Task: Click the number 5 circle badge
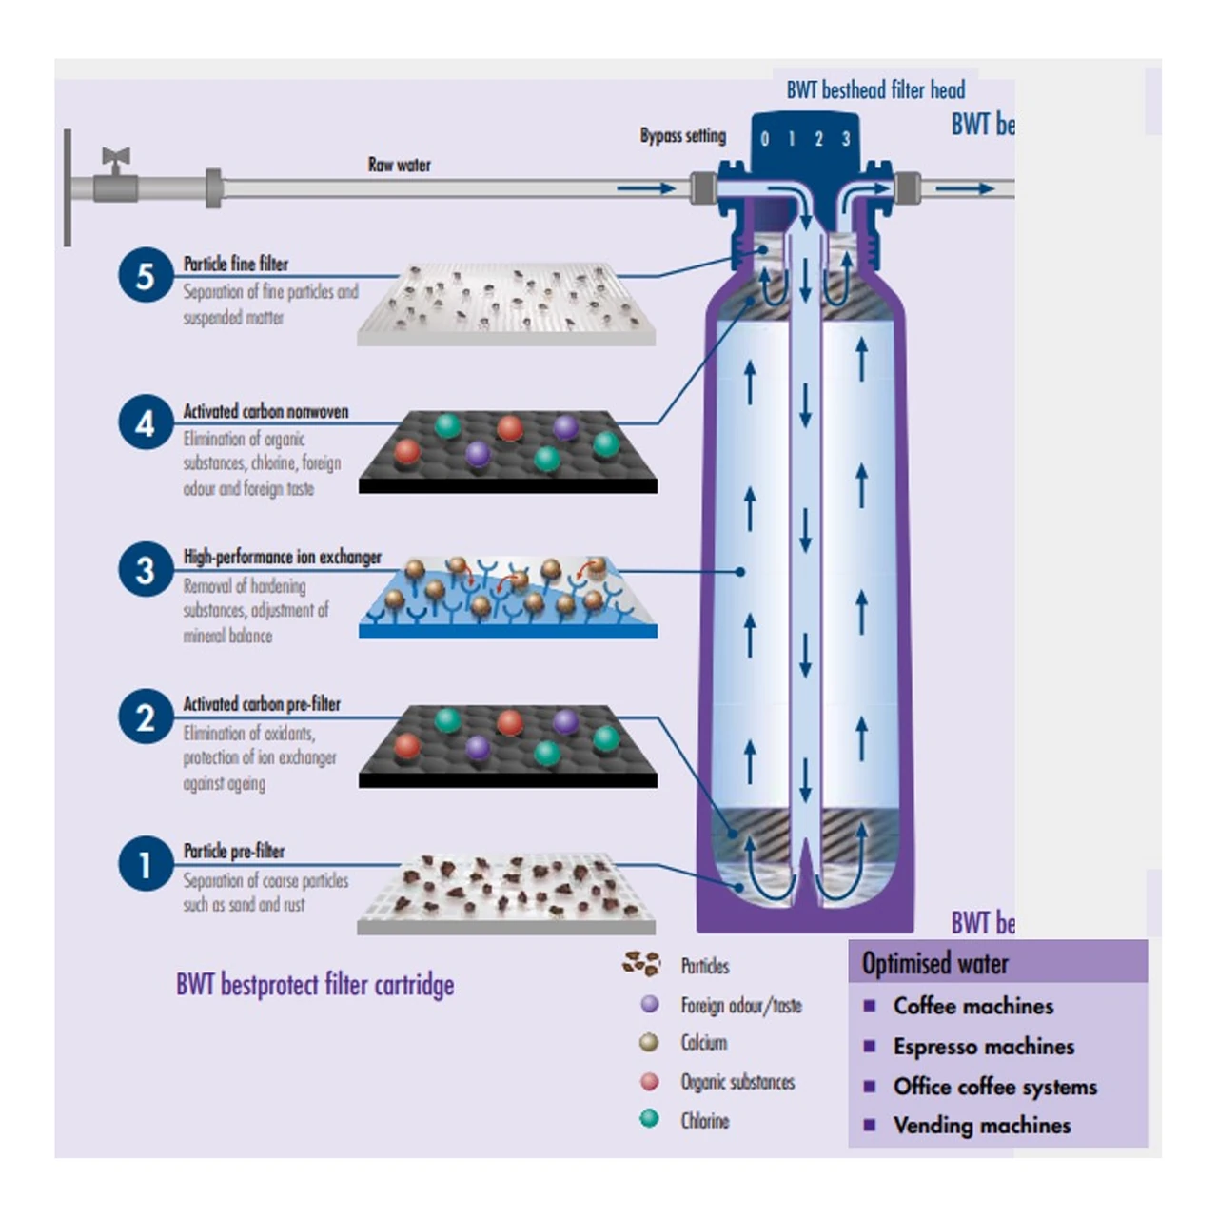tap(146, 275)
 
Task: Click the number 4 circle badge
tap(146, 422)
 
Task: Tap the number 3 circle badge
tap(146, 570)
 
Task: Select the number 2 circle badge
tap(146, 717)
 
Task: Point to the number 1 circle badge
tap(146, 864)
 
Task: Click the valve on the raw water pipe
tap(116, 175)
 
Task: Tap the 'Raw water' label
tap(399, 165)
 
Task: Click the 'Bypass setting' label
tap(682, 136)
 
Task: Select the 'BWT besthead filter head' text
tap(875, 90)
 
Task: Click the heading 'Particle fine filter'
tap(235, 264)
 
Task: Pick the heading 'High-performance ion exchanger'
tap(282, 557)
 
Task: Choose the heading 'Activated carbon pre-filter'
tap(262, 704)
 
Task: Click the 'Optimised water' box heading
tap(934, 964)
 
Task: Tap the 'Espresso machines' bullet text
tap(983, 1047)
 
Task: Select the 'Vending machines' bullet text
tap(981, 1126)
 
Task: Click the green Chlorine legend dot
tap(650, 1119)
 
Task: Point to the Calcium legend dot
tap(650, 1043)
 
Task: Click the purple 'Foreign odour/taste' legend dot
tap(650, 1004)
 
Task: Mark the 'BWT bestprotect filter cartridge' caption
tap(315, 984)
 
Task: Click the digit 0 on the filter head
tap(764, 140)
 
